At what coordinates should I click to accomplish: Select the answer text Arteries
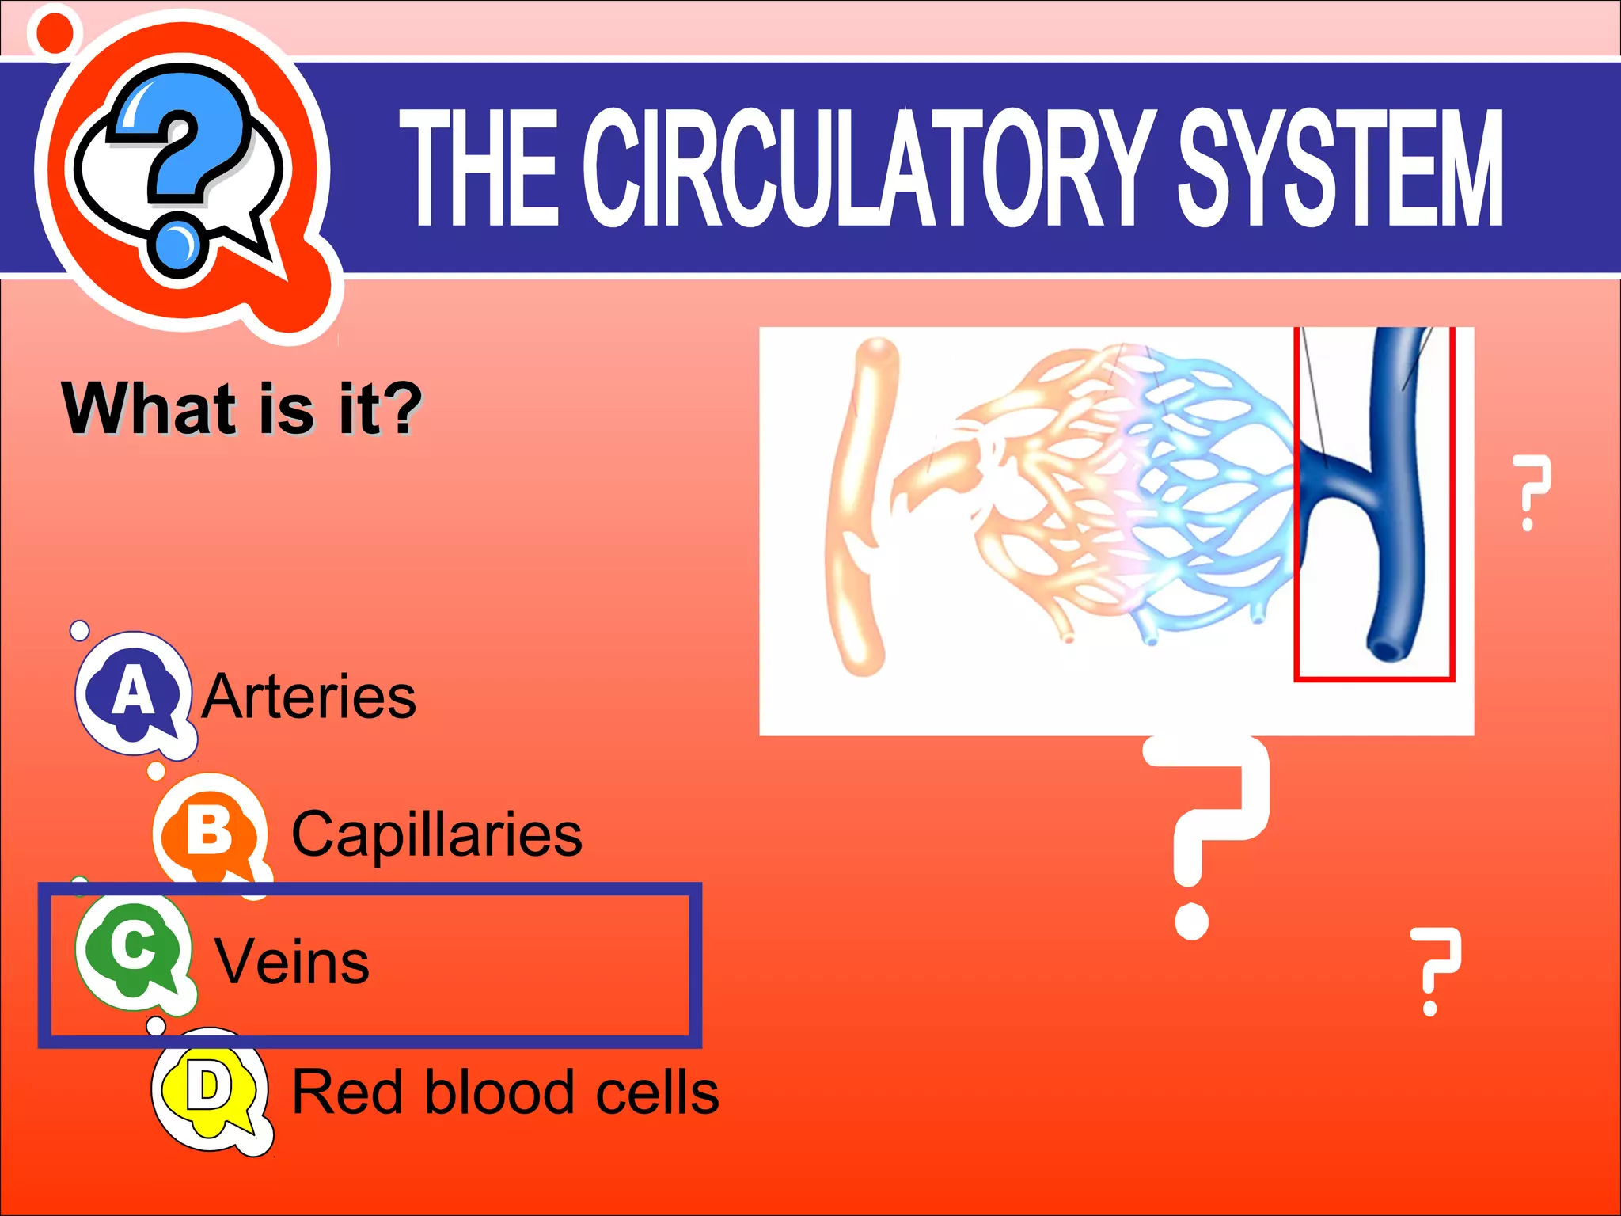pyautogui.click(x=309, y=697)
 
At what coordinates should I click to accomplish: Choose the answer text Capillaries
pyautogui.click(x=437, y=834)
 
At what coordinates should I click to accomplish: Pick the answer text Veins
pyautogui.click(x=292, y=963)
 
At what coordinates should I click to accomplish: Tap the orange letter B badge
pyautogui.click(x=209, y=831)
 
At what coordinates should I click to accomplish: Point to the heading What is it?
pyautogui.click(x=241, y=408)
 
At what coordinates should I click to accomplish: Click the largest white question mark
pyautogui.click(x=1207, y=831)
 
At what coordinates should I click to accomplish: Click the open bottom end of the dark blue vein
pyautogui.click(x=1386, y=649)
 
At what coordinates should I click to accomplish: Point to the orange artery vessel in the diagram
pyautogui.click(x=859, y=507)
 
